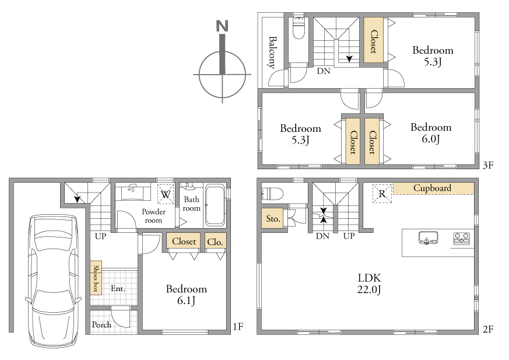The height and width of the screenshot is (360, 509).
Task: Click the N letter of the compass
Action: click(222, 26)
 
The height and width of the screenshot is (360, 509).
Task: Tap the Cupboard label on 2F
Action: click(433, 188)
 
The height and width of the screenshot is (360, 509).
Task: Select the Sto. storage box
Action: click(273, 218)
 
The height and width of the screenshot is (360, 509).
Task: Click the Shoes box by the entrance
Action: click(96, 278)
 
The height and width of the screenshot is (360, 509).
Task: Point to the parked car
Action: click(53, 281)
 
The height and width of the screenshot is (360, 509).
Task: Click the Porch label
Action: click(101, 324)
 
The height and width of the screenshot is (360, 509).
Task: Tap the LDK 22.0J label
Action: click(370, 284)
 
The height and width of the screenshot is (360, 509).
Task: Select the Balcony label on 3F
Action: click(273, 52)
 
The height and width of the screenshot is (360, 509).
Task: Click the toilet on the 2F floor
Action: click(272, 194)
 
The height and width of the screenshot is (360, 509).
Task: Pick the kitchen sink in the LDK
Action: click(428, 237)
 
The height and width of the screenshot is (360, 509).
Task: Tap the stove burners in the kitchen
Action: click(461, 238)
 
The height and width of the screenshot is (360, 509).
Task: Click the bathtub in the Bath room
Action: click(215, 205)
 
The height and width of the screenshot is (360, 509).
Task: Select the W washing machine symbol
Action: click(166, 194)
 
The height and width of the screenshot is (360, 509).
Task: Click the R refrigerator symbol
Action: click(382, 194)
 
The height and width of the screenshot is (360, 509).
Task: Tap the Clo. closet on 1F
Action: click(215, 242)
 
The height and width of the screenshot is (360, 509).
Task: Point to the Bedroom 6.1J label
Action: click(187, 295)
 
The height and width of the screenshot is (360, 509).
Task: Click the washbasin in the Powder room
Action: click(132, 192)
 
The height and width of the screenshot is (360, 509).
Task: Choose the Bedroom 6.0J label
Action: click(431, 132)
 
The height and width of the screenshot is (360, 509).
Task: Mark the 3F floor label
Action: click(488, 165)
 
